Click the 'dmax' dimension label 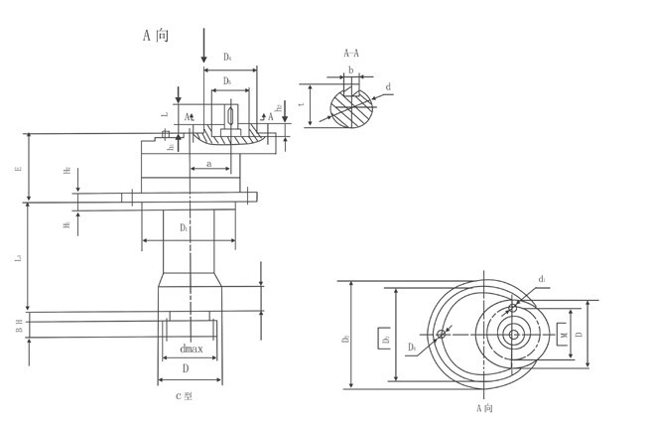(x=191, y=349)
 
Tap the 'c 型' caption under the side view (x=184, y=396)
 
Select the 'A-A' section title (x=352, y=53)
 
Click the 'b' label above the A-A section (x=351, y=70)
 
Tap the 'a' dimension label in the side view (x=208, y=162)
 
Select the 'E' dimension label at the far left (x=18, y=170)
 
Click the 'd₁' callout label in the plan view (x=542, y=279)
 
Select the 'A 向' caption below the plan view (x=485, y=408)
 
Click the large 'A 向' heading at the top (x=157, y=36)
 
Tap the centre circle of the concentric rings (x=514, y=335)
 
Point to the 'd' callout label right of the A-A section (x=388, y=87)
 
